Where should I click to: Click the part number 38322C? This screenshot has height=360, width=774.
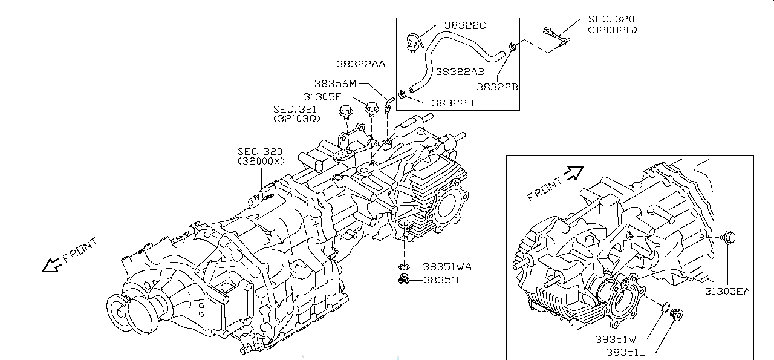pos(465,25)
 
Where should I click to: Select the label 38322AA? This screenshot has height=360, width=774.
pos(361,63)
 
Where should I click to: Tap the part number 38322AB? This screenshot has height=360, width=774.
pos(460,71)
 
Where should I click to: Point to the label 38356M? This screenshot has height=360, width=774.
pos(336,83)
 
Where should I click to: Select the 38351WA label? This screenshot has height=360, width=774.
pos(447,266)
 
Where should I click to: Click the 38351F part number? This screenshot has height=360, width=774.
pos(443,280)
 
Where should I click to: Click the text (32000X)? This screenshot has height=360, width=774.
pos(260,162)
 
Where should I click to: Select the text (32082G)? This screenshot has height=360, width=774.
pos(612,29)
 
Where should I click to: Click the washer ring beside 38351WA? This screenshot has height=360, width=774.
pos(404,267)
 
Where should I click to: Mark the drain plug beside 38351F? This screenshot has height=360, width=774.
pos(404,280)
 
